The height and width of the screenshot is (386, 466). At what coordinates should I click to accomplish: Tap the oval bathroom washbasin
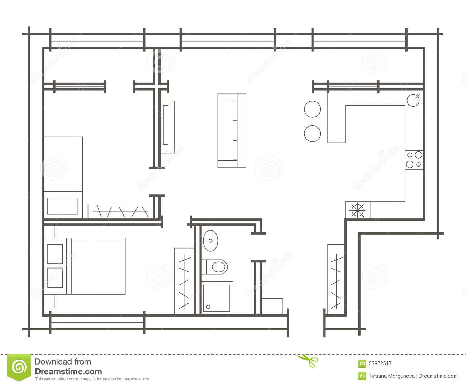[x=210, y=240]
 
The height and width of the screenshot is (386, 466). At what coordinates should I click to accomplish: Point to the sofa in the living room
[x=232, y=131]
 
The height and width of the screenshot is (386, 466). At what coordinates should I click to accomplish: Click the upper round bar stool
[x=312, y=109]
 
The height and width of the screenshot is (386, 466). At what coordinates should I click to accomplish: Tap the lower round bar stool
[x=312, y=133]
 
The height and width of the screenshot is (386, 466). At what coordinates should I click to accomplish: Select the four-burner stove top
[x=414, y=160]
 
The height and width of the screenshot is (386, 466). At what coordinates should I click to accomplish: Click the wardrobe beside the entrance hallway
[x=336, y=276]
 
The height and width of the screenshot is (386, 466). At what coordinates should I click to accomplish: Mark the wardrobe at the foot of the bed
[x=184, y=281]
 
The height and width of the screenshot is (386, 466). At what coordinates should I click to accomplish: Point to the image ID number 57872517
[x=380, y=363]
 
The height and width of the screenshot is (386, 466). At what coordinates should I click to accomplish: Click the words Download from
[x=63, y=362]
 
